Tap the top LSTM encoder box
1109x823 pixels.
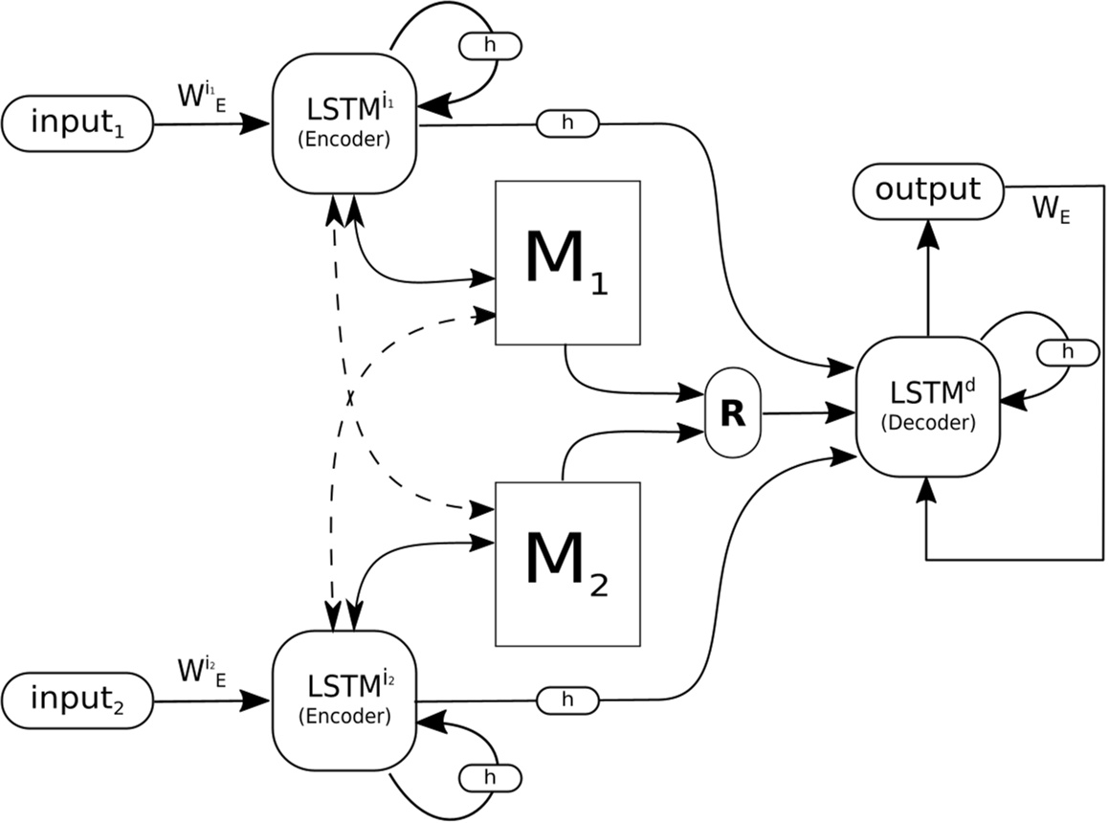coord(345,123)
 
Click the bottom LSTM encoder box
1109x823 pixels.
coord(345,700)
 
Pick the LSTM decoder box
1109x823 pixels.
coord(927,408)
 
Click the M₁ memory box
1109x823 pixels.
coord(567,262)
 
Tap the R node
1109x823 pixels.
coord(732,413)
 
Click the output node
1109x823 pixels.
coord(928,189)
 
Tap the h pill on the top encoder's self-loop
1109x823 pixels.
coord(491,45)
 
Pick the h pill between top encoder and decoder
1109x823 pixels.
coord(567,122)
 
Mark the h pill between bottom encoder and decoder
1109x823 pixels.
coord(567,701)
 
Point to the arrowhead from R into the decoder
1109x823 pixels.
coord(845,412)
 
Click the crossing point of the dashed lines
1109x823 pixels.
coord(350,396)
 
